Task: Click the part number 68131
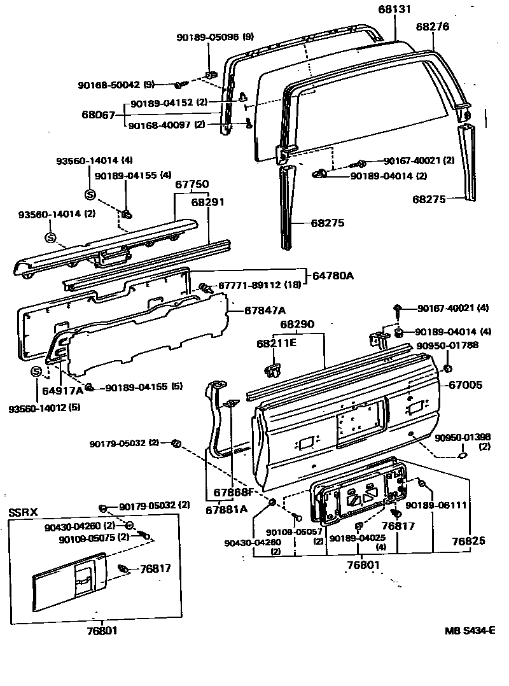395,9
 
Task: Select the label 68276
433,27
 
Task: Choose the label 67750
192,184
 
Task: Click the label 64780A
332,276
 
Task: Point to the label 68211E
277,344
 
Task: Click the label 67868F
234,491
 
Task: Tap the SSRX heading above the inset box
23,512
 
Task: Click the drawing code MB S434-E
470,631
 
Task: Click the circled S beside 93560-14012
36,372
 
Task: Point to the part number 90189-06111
436,505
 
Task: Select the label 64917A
62,389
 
